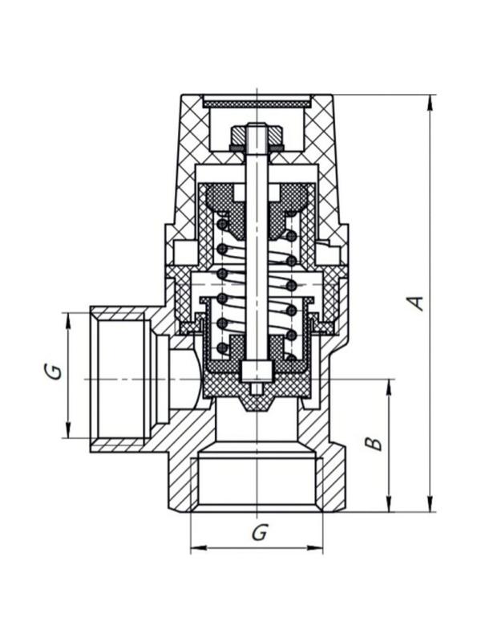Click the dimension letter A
(416, 303)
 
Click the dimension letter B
(374, 443)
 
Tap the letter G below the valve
(258, 532)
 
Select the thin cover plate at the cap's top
(257, 103)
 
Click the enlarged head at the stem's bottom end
(256, 370)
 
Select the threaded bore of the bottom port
(257, 481)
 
